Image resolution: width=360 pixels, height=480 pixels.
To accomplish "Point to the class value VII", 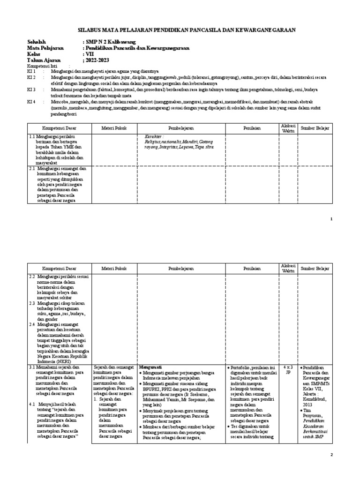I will click(89, 54).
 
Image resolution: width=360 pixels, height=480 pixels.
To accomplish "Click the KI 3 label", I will click(31, 89).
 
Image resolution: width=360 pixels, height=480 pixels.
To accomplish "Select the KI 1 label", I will click(31, 71).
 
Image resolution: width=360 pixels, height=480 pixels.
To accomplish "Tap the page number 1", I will click(331, 219).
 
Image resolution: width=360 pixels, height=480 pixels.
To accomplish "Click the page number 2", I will click(331, 455).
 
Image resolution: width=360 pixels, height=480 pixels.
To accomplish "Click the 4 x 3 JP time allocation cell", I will click(288, 370).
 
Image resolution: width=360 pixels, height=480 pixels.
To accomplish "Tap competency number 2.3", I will click(32, 303).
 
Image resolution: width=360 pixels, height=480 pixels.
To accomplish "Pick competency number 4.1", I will click(32, 404).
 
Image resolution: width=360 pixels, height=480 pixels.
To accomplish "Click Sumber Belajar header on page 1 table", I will click(315, 127).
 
